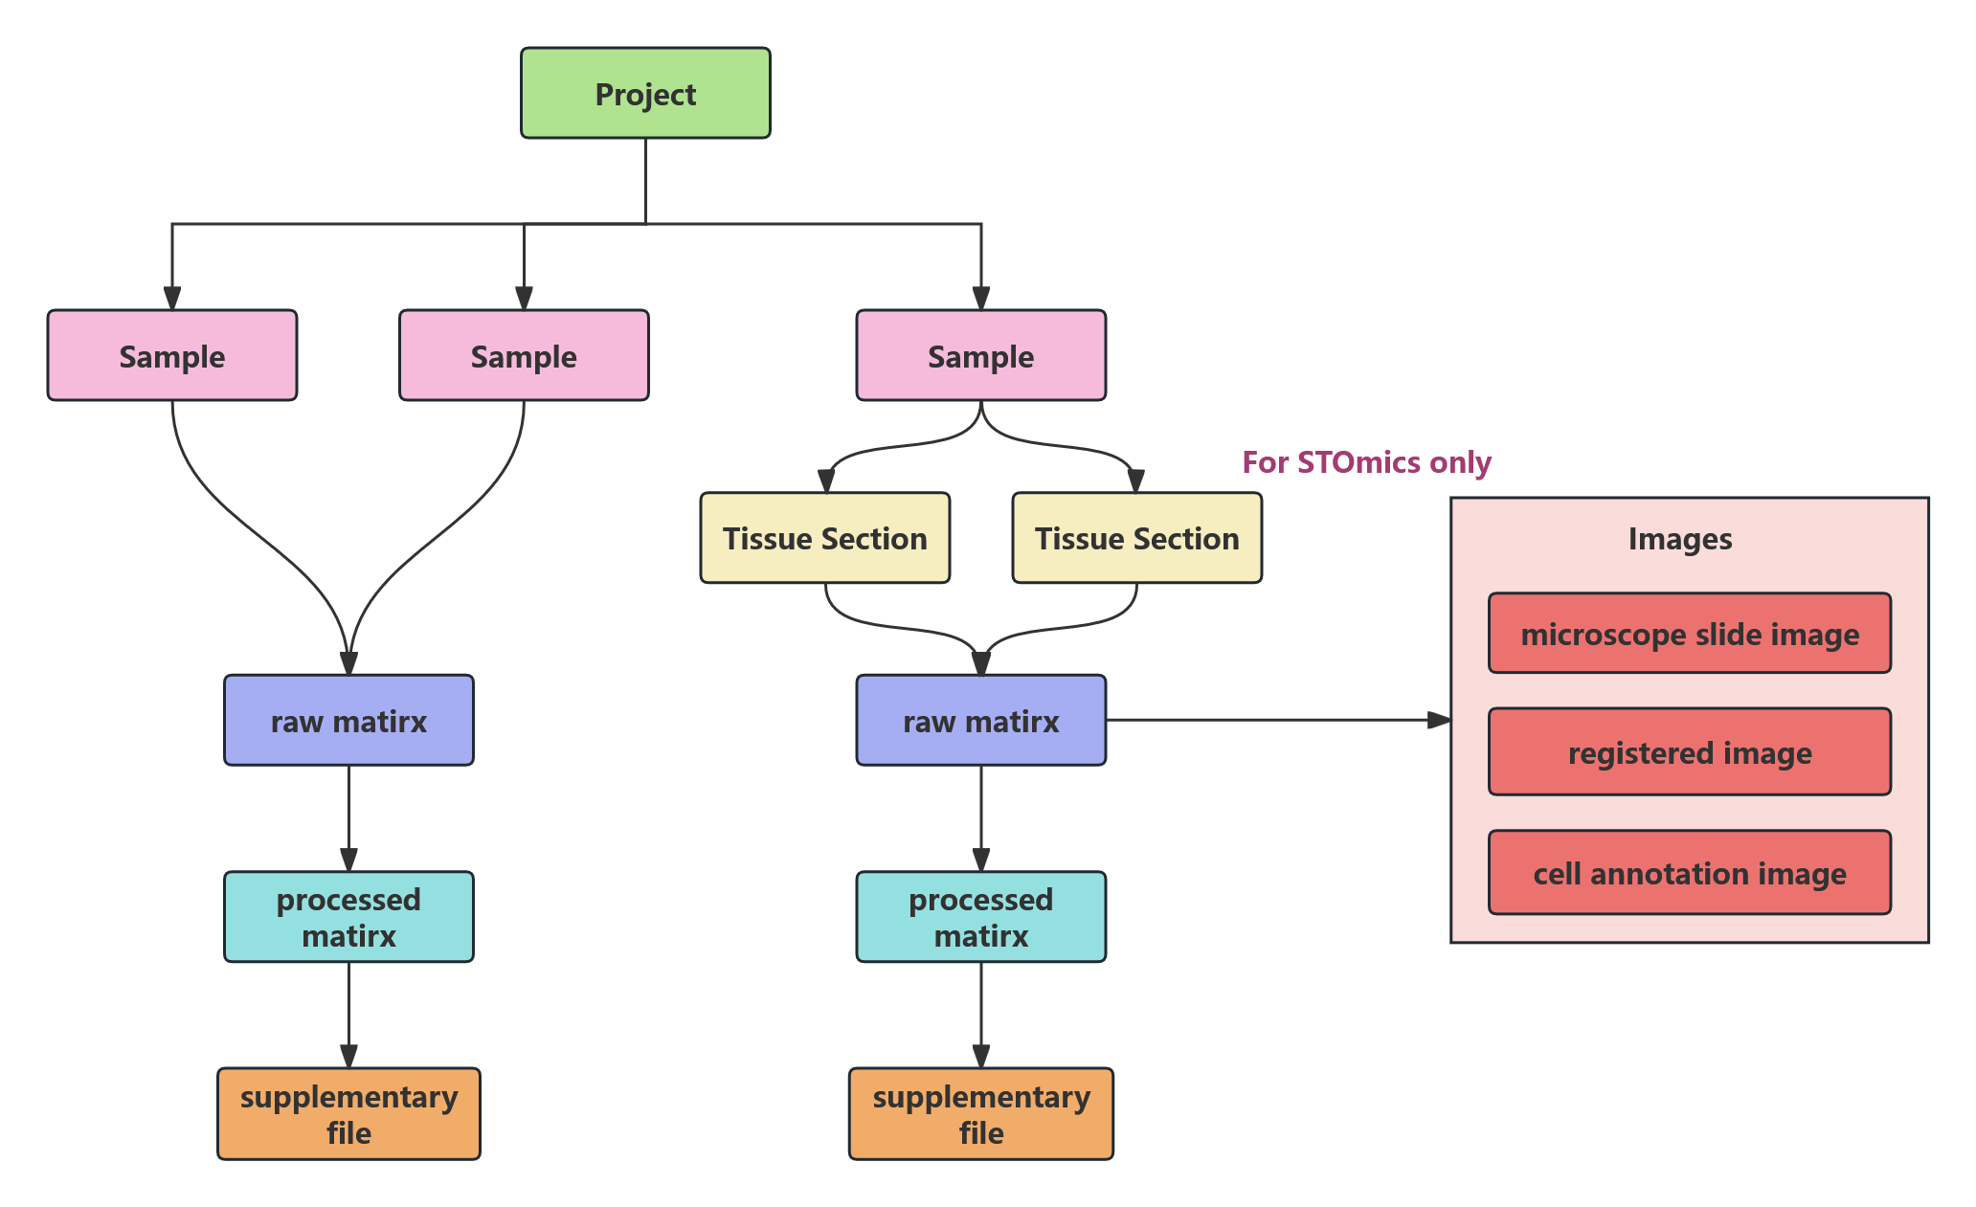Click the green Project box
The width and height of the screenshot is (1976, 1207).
[645, 94]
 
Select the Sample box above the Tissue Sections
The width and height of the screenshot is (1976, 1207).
[980, 356]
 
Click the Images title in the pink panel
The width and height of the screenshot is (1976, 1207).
[1679, 539]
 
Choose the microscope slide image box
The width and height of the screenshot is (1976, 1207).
[1689, 634]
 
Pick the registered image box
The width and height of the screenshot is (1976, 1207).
[1689, 752]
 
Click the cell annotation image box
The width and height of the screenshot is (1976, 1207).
[1689, 873]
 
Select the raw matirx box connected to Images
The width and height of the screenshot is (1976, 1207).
[980, 721]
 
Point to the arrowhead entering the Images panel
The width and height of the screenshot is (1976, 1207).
[1439, 720]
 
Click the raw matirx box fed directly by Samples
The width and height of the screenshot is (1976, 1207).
[348, 721]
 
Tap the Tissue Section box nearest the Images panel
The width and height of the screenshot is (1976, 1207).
[1136, 538]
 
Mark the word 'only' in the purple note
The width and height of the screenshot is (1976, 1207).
[1460, 462]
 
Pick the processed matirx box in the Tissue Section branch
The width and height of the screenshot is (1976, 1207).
[980, 917]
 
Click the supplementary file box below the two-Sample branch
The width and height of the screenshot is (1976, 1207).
[348, 1114]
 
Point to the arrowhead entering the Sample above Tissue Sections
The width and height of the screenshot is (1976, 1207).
[980, 298]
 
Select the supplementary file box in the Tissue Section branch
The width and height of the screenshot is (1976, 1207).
[980, 1114]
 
